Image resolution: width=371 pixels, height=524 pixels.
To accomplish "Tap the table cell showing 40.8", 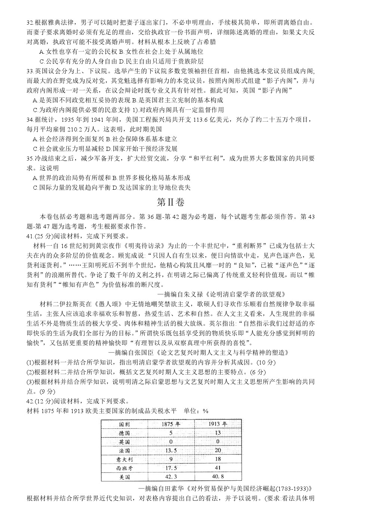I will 218,477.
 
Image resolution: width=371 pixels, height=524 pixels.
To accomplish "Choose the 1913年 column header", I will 218,424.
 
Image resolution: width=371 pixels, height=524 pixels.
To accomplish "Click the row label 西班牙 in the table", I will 125,468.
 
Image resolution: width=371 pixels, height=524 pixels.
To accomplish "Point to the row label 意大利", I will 125,459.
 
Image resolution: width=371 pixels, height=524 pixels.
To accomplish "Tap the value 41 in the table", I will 218,468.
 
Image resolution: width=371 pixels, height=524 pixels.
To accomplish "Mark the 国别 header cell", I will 125,424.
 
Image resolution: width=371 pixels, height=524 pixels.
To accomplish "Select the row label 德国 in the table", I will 125,433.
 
